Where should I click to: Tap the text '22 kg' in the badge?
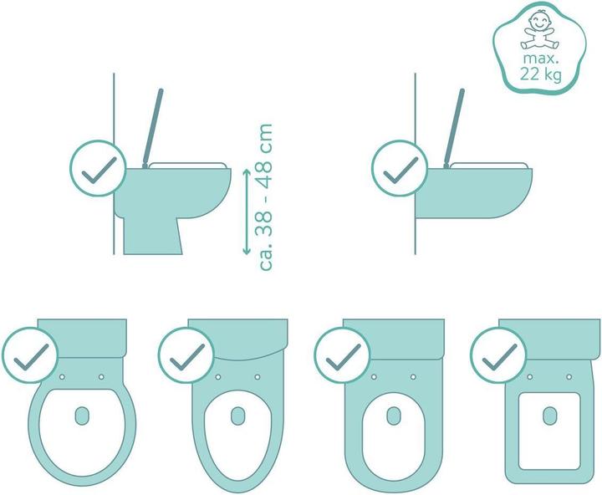pos(540,75)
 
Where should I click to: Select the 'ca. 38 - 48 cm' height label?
pos(267,197)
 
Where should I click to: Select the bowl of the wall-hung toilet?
pos(477,196)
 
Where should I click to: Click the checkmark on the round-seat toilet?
pos(31,357)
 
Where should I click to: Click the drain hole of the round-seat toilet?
pos(83,416)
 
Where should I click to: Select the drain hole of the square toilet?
pos(550,416)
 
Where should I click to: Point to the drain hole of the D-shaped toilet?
pos(395,416)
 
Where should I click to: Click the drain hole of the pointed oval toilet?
pos(238,416)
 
